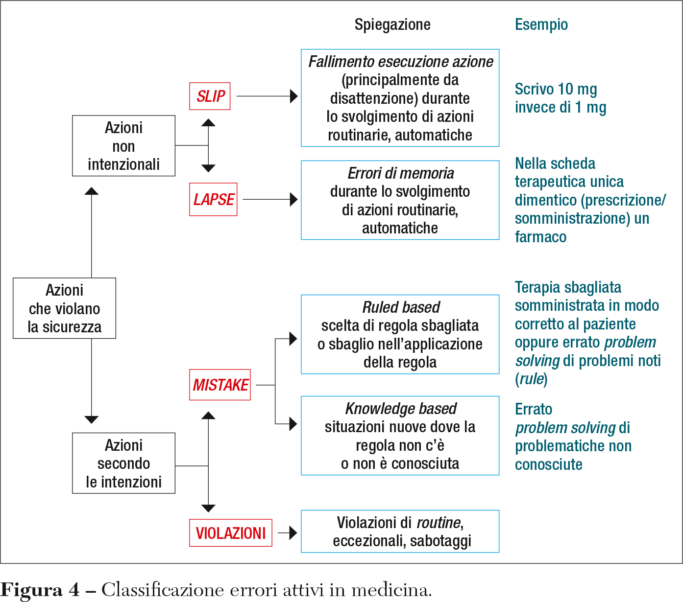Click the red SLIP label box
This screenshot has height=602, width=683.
tap(210, 96)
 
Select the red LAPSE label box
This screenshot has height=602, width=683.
tap(213, 199)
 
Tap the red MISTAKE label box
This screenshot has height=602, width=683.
tap(220, 385)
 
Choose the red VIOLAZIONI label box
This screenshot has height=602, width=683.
tap(231, 533)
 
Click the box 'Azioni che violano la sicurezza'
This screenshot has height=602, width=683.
tap(64, 308)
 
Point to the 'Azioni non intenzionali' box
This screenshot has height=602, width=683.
tap(123, 146)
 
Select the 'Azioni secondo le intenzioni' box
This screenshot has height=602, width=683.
tap(123, 463)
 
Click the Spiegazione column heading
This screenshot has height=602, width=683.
tap(392, 24)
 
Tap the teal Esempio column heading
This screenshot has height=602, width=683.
tap(541, 24)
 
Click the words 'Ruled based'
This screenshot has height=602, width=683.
tap(400, 307)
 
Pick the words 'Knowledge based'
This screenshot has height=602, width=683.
tap(400, 408)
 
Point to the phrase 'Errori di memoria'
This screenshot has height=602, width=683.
tap(400, 173)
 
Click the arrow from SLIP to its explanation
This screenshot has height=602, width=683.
tap(267, 96)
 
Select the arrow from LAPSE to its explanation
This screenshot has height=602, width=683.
tap(270, 199)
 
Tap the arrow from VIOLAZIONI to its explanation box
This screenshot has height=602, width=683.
tap(288, 533)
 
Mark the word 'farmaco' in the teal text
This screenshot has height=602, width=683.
tap(540, 237)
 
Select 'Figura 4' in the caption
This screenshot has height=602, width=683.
tap(40, 590)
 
